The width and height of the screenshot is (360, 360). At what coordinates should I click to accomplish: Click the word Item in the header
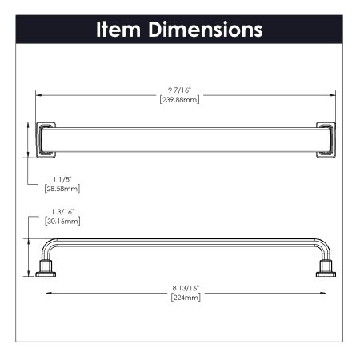click(118, 29)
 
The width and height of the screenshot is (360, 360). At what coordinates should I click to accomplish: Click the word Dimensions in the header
click(206, 29)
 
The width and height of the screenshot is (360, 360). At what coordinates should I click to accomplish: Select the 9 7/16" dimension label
click(179, 90)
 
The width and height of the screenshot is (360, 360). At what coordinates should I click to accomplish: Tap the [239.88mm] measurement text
click(179, 100)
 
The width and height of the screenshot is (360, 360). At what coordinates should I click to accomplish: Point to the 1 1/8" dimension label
click(62, 179)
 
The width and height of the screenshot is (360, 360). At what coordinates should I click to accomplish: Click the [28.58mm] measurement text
click(62, 189)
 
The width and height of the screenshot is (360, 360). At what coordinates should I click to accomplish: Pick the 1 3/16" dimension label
click(62, 212)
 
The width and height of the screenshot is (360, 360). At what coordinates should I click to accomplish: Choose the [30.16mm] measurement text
click(62, 221)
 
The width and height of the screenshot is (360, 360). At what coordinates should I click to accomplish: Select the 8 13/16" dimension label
click(186, 288)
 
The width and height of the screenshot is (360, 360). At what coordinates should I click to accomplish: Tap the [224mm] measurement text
click(186, 298)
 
